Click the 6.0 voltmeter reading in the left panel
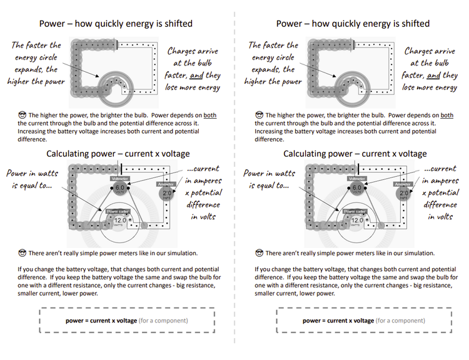click(x=120, y=187)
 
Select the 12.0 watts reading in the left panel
click(x=120, y=220)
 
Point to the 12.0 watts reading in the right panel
click(x=357, y=220)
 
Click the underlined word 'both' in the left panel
click(x=210, y=115)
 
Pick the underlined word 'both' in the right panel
click(x=447, y=115)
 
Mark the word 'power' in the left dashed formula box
click(x=76, y=321)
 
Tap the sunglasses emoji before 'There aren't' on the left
click(x=22, y=253)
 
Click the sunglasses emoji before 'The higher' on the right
click(x=259, y=115)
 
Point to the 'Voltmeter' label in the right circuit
click(x=357, y=179)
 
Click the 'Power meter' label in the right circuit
click(x=356, y=211)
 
